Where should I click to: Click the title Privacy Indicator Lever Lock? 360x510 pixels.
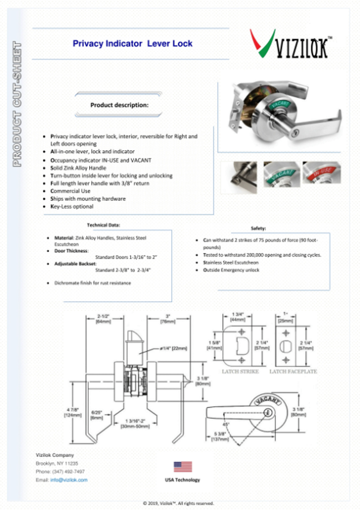132,44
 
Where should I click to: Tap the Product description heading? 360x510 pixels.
119,105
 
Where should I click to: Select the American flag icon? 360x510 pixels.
183,466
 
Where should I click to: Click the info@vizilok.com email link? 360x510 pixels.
69,480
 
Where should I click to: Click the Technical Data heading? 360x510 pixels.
103,225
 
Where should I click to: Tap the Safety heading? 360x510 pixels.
258,228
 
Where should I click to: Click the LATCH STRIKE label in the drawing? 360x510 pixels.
240,372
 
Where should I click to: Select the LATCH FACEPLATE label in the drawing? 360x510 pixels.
293,372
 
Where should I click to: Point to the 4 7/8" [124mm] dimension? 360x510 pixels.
73,412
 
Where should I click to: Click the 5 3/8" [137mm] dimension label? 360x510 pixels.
220,436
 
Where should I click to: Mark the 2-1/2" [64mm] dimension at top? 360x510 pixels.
103,319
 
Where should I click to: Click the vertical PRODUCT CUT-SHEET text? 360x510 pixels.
17,104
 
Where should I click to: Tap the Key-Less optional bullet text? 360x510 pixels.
72,206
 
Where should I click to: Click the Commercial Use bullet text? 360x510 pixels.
70,191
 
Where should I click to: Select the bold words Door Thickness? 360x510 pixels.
71,251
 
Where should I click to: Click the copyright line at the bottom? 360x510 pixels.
178,503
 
